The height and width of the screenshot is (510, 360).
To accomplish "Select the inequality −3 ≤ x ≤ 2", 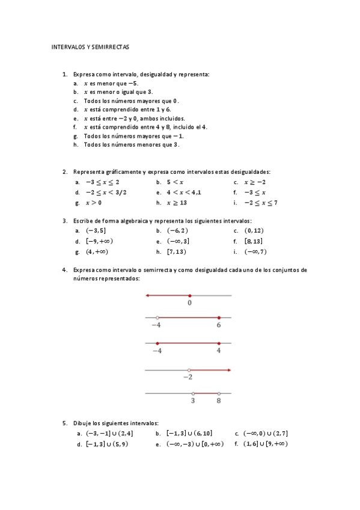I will click(x=102, y=182).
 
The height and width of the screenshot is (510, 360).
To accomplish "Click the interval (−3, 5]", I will click(x=96, y=230).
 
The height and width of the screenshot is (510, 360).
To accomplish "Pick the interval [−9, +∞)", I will click(x=100, y=241).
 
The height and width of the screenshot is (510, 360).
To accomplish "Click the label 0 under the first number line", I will click(x=190, y=303).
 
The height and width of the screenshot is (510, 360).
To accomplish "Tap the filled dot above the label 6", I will click(x=219, y=318).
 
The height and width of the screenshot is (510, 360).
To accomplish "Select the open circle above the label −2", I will click(x=189, y=370).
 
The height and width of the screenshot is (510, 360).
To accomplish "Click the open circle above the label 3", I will click(x=193, y=393).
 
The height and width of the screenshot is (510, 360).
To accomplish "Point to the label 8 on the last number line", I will click(x=219, y=401).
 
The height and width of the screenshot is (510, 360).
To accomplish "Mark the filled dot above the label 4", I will click(x=219, y=343).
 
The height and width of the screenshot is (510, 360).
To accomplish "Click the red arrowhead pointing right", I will click(x=228, y=370).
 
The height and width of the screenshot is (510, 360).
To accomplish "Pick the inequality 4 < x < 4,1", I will click(x=184, y=192).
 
